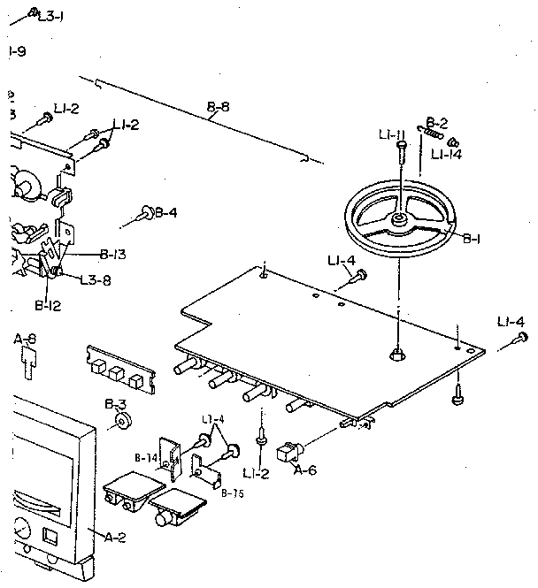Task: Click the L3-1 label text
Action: (50, 15)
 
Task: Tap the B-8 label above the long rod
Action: (218, 109)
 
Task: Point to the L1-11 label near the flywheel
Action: (391, 134)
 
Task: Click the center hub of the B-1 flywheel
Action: (400, 217)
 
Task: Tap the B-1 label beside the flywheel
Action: (473, 237)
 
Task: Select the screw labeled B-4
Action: (145, 212)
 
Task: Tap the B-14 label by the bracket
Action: (146, 457)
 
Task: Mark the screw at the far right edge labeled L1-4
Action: (522, 338)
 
